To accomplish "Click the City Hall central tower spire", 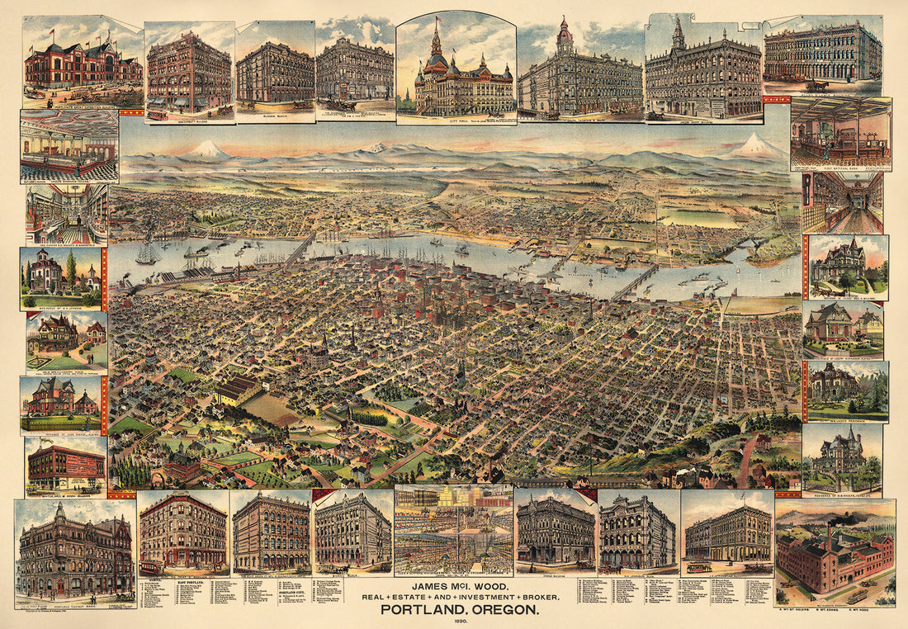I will [x=437, y=37].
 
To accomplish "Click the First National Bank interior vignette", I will [x=840, y=134].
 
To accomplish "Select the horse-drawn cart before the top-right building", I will [x=817, y=84].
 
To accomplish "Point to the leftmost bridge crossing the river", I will [x=300, y=248].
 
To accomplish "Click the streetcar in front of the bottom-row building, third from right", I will [x=699, y=567].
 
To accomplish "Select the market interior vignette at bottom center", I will [x=453, y=528].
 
